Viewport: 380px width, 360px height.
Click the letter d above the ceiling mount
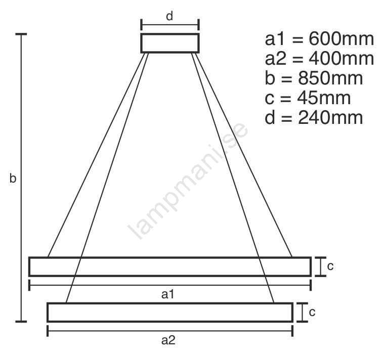click(x=170, y=16)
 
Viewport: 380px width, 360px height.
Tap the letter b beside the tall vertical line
click(x=13, y=178)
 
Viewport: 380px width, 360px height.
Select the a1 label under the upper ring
click(x=168, y=294)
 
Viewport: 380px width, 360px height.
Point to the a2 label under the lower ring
click(x=168, y=340)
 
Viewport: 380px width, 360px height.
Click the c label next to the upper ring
click(x=330, y=266)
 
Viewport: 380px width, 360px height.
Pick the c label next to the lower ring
click(x=312, y=312)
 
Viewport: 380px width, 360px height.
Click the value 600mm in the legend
click(x=341, y=39)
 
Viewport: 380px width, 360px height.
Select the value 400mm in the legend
click(x=341, y=59)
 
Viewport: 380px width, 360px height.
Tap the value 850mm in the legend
click(x=330, y=78)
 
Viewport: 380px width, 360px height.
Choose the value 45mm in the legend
click(x=324, y=98)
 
